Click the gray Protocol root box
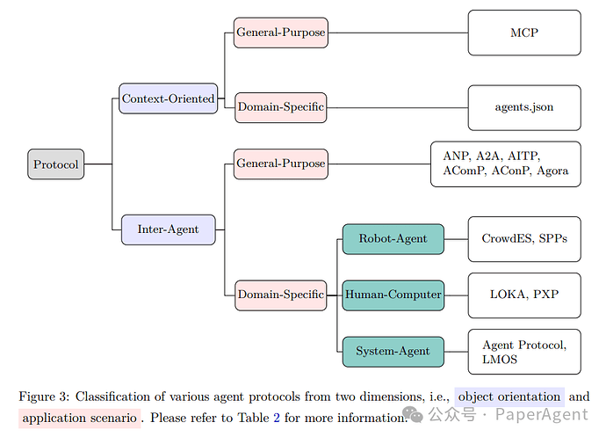point(55,164)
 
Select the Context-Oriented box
point(168,98)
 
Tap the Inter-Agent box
point(168,229)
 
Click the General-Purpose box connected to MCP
point(280,33)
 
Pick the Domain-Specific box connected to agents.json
point(280,107)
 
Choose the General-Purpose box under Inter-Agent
point(280,164)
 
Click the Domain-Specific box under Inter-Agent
point(280,295)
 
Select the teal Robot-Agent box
point(393,238)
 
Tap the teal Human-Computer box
point(393,295)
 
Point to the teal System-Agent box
point(393,351)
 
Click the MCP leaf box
point(524,33)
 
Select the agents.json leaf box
point(524,107)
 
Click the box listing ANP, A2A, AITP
point(505,164)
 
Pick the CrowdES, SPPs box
point(524,238)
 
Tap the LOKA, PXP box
point(524,295)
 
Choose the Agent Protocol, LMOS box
point(524,351)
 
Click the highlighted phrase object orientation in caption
point(509,397)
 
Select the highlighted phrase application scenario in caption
point(80,417)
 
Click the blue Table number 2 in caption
point(277,417)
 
